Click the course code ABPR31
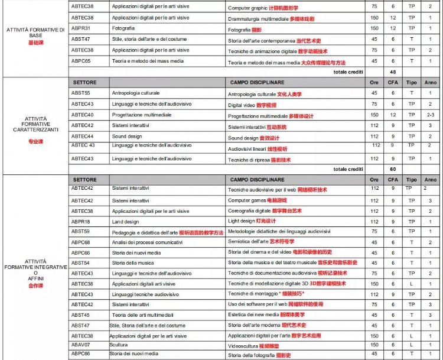(81, 28)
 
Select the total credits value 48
(392, 72)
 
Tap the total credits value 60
(392, 169)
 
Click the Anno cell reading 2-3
(430, 115)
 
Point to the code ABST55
(81, 93)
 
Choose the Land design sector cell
(125, 222)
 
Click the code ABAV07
(81, 343)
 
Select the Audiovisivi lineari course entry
(258, 149)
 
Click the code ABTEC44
(83, 137)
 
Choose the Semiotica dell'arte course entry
(260, 242)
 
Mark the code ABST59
(81, 232)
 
